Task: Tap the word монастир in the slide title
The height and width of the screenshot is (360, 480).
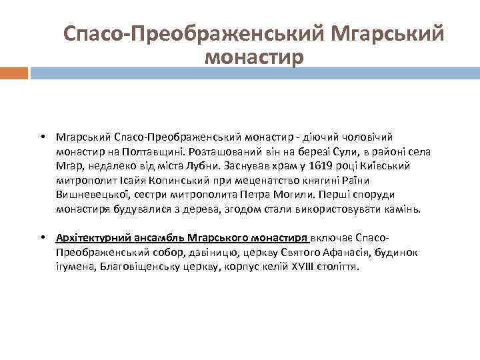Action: click(254, 57)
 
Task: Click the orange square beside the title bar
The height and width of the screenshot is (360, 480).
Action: click(14, 73)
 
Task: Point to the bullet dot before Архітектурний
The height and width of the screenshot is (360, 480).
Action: click(41, 237)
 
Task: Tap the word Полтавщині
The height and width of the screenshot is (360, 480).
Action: click(151, 151)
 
